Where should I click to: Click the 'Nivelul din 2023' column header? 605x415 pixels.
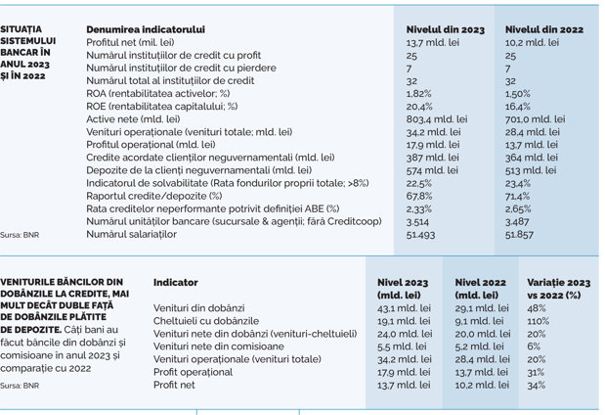click(x=446, y=29)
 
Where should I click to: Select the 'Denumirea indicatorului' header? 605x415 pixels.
click(x=146, y=29)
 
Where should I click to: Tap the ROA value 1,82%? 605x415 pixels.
click(x=418, y=94)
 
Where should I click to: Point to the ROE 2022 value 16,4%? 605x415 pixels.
click(x=518, y=107)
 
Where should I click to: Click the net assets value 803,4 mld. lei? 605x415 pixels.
click(x=437, y=119)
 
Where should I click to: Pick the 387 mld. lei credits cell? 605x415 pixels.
click(x=433, y=158)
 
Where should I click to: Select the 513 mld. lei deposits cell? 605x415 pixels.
click(x=531, y=170)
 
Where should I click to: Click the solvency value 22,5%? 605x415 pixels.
click(x=419, y=183)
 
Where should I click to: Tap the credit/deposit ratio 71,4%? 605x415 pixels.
click(x=517, y=196)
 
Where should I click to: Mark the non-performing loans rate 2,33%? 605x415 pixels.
click(x=419, y=209)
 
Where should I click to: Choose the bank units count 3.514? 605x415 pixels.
click(x=417, y=222)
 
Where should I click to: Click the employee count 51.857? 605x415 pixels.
click(x=519, y=235)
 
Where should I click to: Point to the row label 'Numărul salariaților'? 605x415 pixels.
click(x=132, y=234)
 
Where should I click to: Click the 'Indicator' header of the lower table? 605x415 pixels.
click(x=176, y=283)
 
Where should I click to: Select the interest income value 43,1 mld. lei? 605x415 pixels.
click(x=404, y=308)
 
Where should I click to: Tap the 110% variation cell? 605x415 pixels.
click(x=539, y=321)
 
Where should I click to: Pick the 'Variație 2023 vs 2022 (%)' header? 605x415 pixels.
click(x=559, y=289)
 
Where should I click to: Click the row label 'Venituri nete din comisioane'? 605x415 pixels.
click(x=218, y=346)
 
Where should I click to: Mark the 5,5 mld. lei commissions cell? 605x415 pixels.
click(x=402, y=346)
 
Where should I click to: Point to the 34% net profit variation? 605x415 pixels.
click(x=537, y=385)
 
